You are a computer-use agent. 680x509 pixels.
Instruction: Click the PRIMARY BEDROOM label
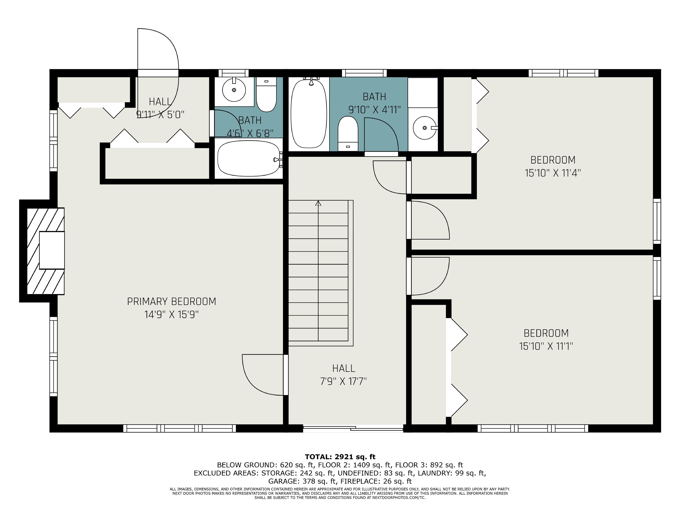[172, 301]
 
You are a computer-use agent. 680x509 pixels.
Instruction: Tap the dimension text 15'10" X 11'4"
[553, 173]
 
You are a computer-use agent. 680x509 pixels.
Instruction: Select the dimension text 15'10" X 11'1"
[546, 346]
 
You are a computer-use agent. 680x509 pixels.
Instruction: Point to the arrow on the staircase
[318, 203]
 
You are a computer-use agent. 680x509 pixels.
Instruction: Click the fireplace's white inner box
[52, 250]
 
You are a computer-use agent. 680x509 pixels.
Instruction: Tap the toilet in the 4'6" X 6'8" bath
[266, 94]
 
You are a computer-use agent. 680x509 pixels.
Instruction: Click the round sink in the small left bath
[234, 90]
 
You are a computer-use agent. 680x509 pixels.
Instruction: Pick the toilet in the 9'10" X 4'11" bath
[348, 133]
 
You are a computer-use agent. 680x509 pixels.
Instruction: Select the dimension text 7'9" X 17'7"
[343, 381]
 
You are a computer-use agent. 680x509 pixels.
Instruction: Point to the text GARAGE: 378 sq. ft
[301, 481]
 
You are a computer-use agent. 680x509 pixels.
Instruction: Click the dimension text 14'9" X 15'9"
[172, 315]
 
